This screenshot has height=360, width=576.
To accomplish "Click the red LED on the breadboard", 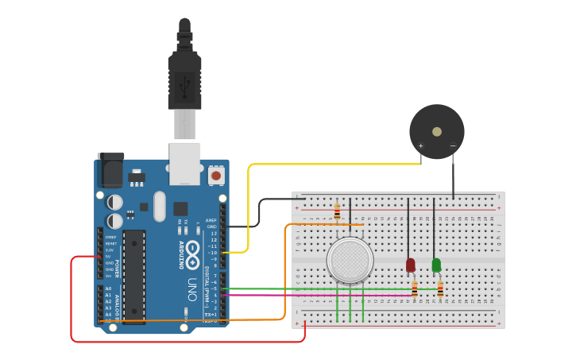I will [410, 265].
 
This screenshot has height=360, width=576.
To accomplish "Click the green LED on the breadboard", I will [436, 265].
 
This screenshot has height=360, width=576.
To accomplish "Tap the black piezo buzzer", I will [436, 131].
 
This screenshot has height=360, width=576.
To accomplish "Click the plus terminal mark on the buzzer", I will [421, 146].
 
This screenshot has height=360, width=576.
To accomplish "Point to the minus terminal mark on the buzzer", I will [453, 146].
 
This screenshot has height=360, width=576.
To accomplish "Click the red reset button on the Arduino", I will [215, 175].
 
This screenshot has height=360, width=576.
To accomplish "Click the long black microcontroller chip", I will [133, 277].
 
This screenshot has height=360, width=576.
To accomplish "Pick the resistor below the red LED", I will [414, 289].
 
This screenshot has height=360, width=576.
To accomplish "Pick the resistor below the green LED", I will [440, 288].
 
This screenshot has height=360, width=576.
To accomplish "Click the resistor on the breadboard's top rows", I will [337, 211].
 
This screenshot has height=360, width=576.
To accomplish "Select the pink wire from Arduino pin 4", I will [318, 295].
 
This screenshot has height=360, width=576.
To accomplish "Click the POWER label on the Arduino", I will [116, 268].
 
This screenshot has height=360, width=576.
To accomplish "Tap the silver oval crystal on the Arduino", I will [160, 206].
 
